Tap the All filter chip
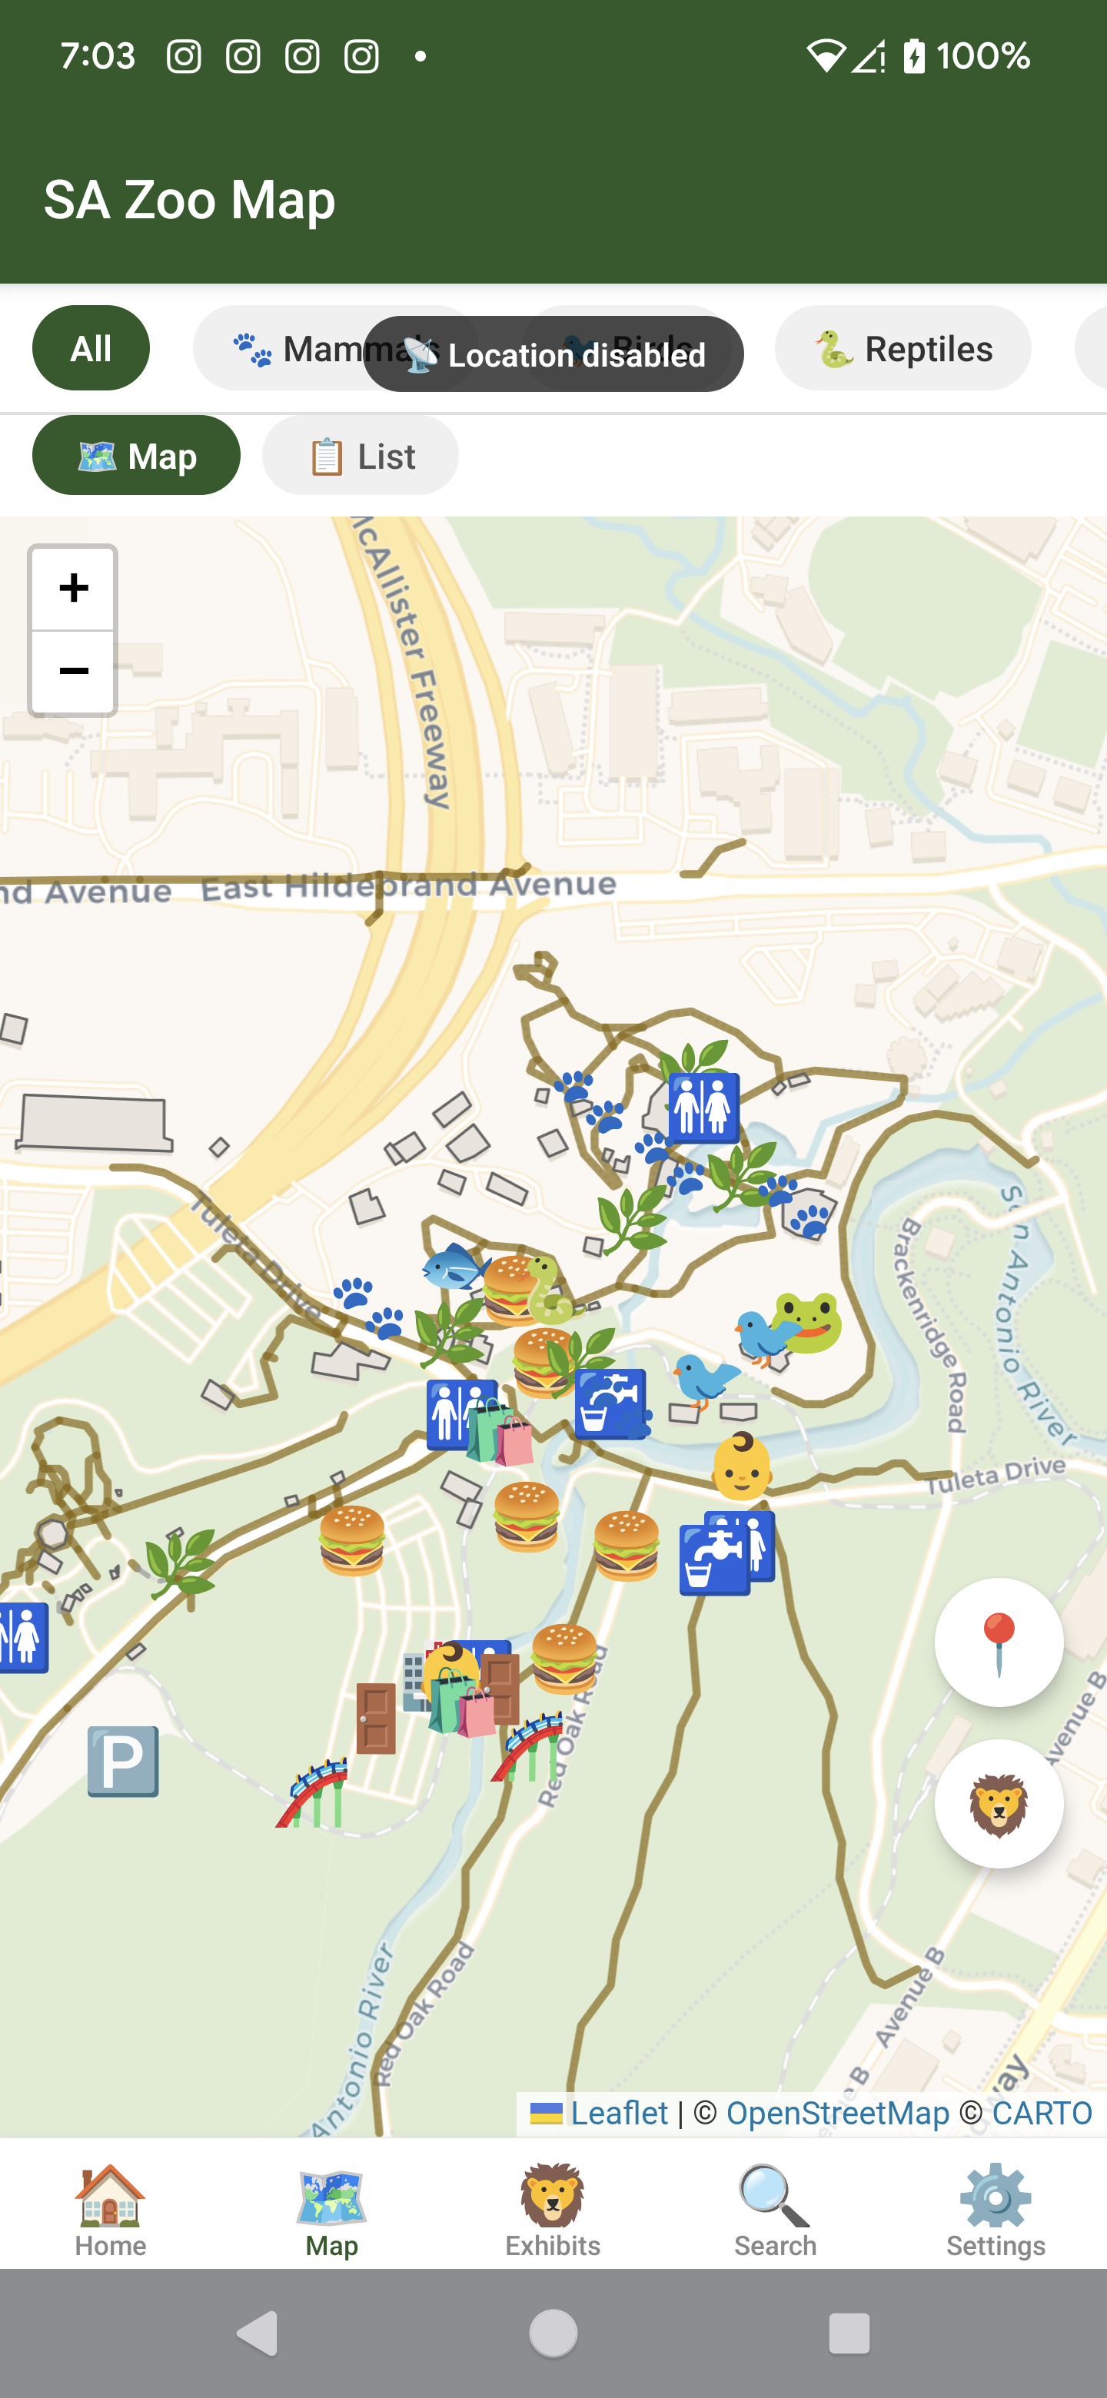(90, 348)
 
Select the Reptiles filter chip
(903, 349)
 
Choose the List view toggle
(361, 456)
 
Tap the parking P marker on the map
(123, 1762)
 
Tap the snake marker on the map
(550, 1291)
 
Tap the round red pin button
(998, 1643)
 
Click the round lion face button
(998, 1803)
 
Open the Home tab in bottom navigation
(110, 2211)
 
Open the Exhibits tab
(553, 2211)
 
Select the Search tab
(775, 2211)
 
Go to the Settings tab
(996, 2211)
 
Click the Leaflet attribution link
(618, 2112)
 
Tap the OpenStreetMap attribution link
(837, 2112)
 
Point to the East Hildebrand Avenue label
(409, 885)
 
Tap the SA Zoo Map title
(190, 199)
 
